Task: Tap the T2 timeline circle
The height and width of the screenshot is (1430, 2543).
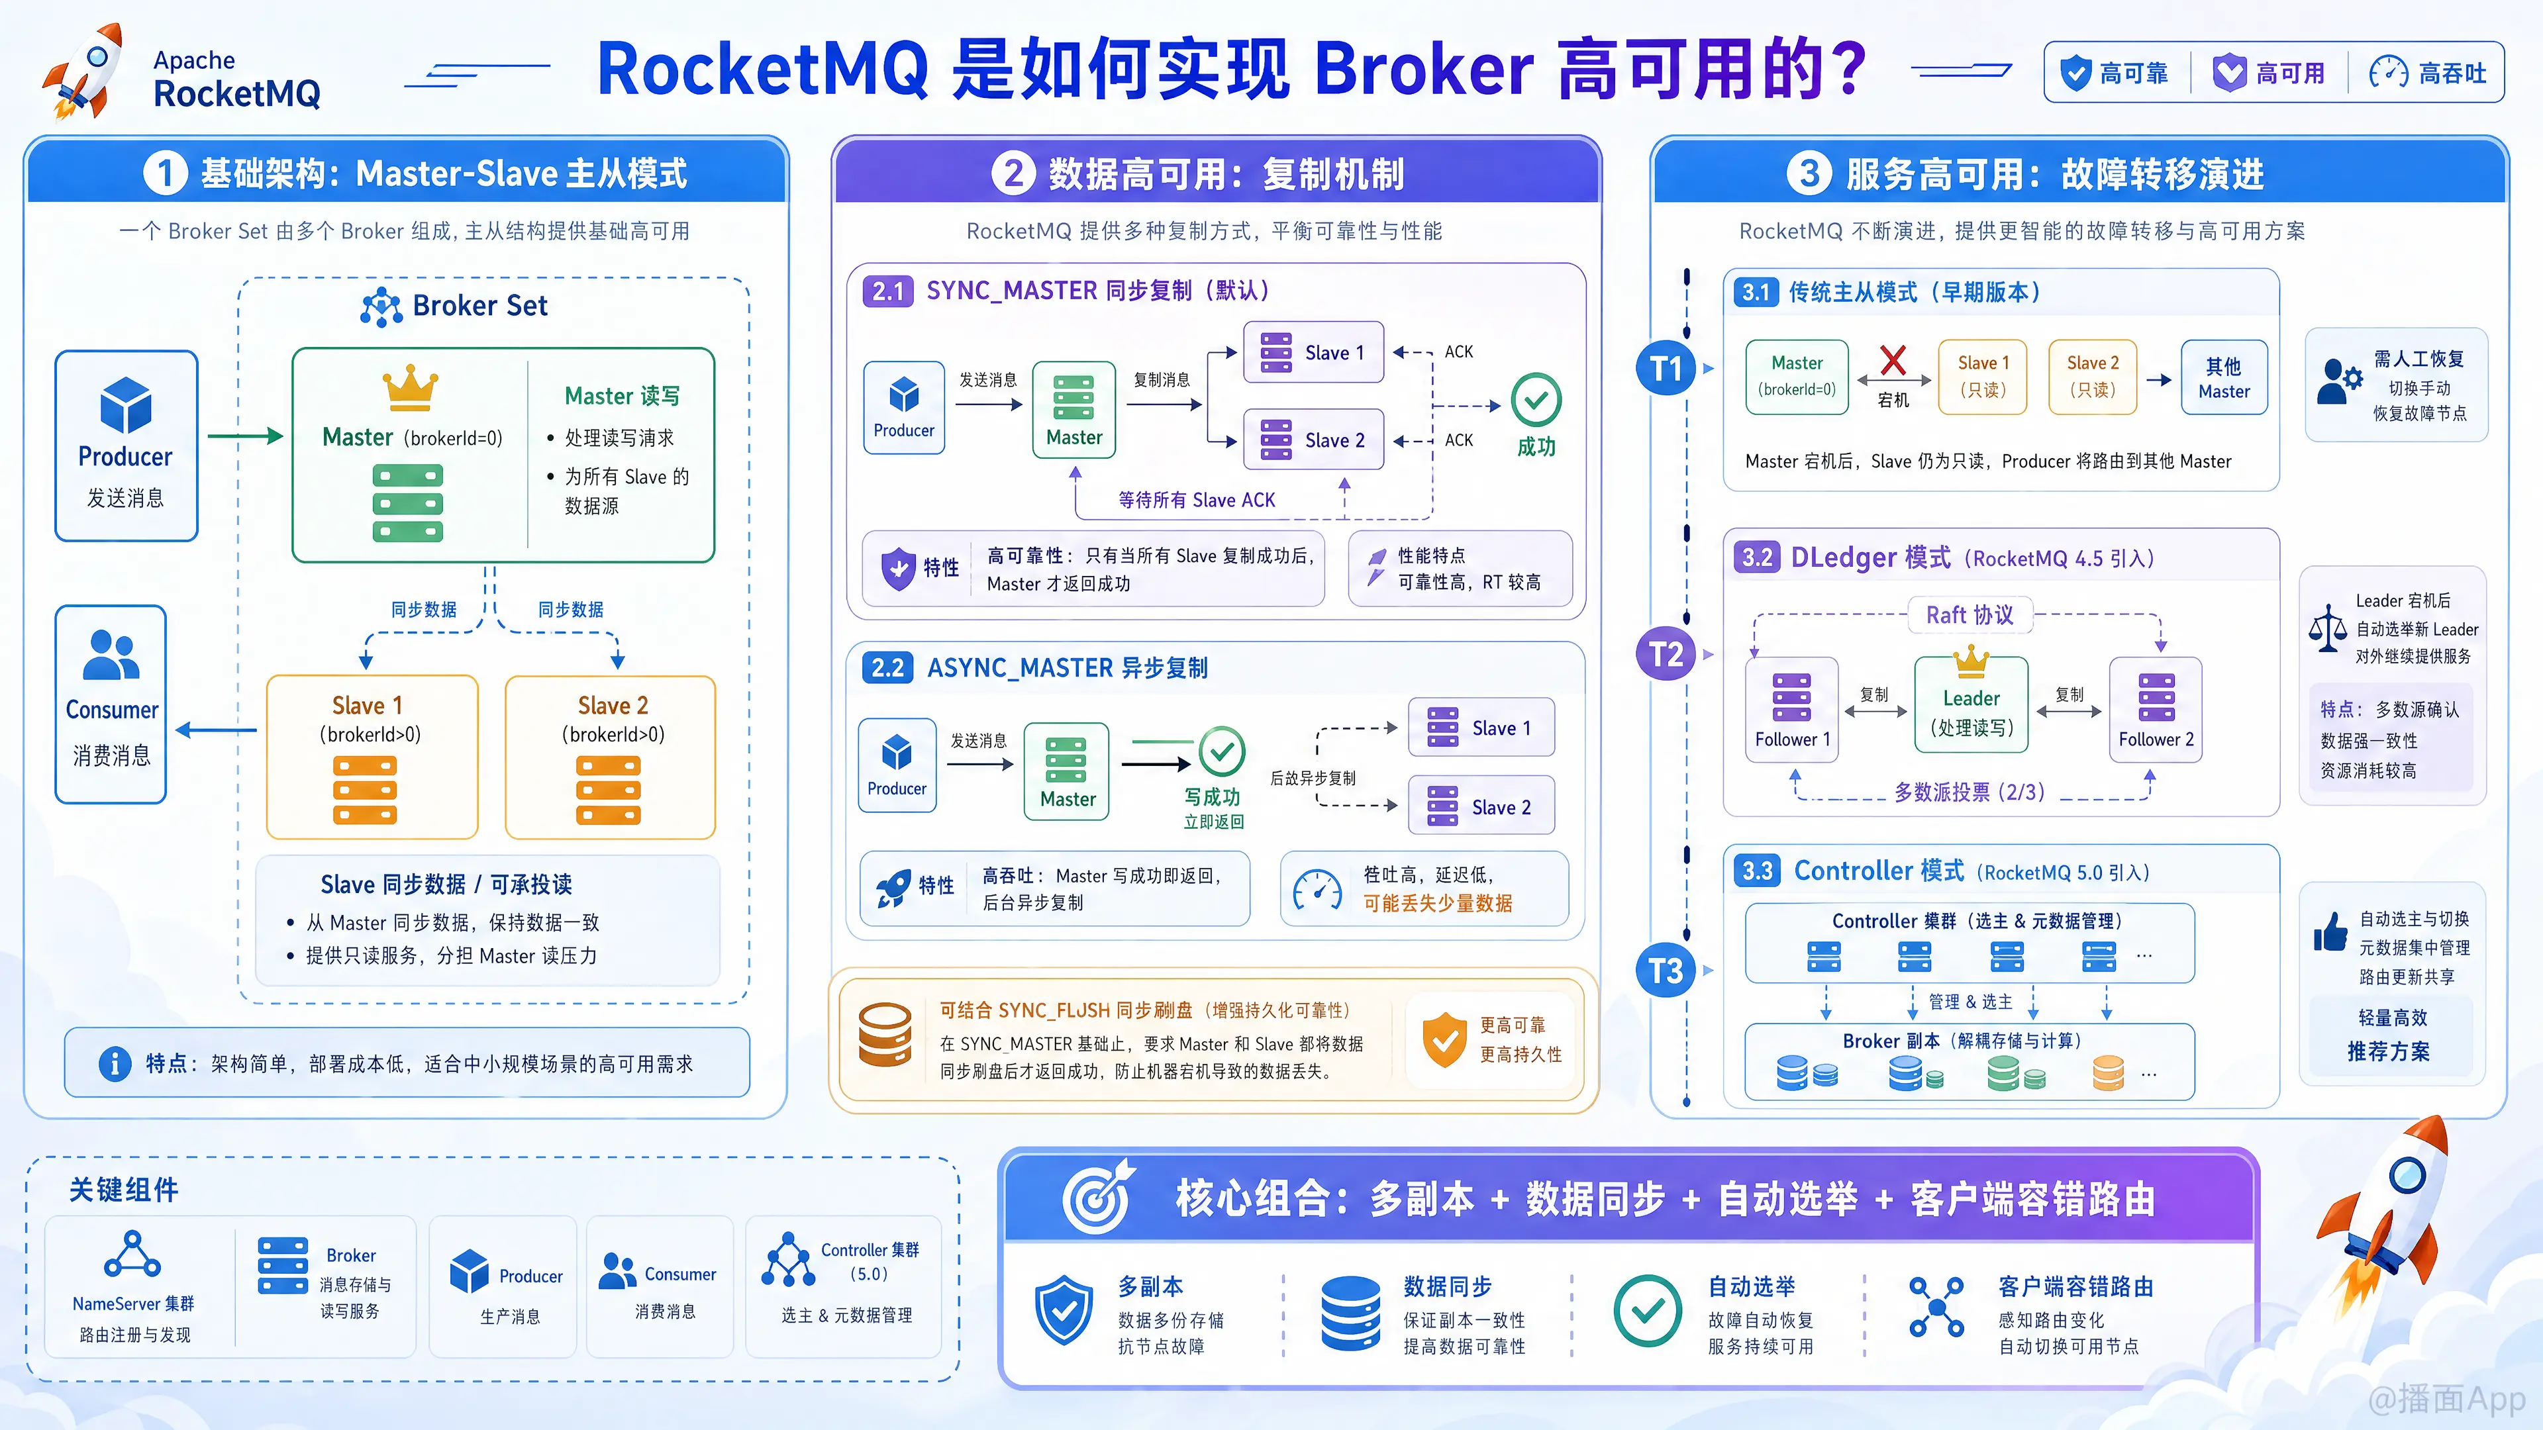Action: (x=1666, y=653)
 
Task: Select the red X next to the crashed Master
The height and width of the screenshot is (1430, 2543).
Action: (x=1893, y=360)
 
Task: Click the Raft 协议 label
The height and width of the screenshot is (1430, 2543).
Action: (x=1970, y=615)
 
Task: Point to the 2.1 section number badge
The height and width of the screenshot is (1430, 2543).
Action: (x=887, y=291)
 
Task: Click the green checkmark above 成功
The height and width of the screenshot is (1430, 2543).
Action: (x=1536, y=400)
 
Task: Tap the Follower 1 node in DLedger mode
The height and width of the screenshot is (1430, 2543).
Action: (x=1792, y=708)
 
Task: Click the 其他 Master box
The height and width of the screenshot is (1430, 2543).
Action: (x=2224, y=378)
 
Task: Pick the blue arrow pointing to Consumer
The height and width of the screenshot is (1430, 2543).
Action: (x=216, y=730)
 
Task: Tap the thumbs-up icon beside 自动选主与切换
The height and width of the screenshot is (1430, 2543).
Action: (x=2331, y=931)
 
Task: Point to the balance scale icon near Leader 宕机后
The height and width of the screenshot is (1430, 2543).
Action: (x=2328, y=628)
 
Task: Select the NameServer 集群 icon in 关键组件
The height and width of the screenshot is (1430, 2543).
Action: (x=132, y=1255)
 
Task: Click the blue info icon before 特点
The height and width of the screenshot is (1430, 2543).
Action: (x=115, y=1064)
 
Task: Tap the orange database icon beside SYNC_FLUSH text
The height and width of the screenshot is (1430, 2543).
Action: (x=885, y=1035)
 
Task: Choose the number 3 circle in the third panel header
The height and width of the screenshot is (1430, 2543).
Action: (x=1809, y=173)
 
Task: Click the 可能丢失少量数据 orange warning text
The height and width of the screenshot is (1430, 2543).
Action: (x=1437, y=903)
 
